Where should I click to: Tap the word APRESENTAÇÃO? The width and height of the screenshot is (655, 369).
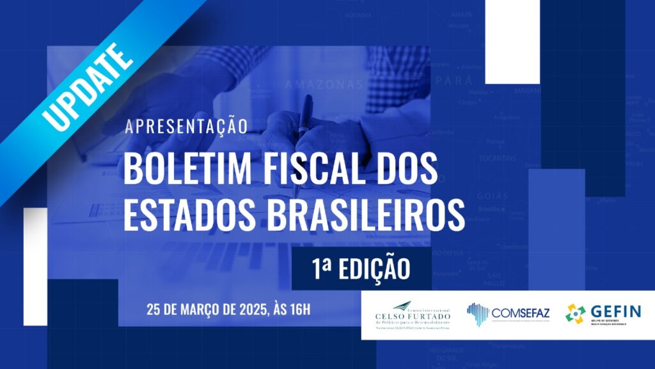(185, 126)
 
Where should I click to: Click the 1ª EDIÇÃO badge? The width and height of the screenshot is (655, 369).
(361, 268)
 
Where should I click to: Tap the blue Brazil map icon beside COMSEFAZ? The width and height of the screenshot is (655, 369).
(477, 315)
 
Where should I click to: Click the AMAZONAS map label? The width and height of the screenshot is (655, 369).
(324, 84)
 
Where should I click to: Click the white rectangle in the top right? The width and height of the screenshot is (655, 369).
(512, 42)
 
